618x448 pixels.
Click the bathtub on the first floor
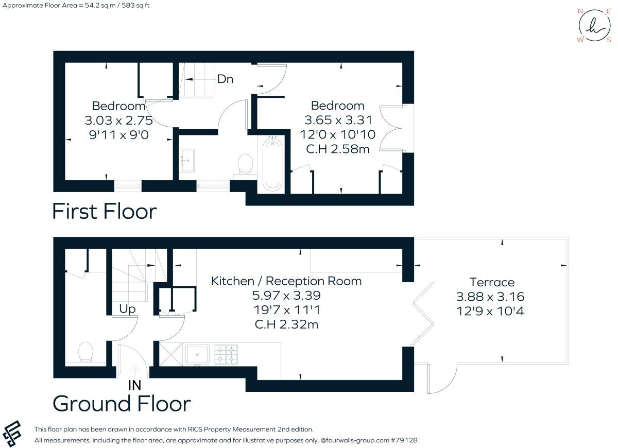(272, 164)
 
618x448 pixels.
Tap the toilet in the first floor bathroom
(245, 164)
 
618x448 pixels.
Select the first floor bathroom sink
(187, 161)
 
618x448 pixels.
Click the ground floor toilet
(86, 352)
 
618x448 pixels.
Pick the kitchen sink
(197, 354)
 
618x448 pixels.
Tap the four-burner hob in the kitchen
(226, 354)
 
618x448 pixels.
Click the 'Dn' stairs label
(225, 79)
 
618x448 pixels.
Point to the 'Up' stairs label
(127, 309)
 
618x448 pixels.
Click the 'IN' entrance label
(134, 385)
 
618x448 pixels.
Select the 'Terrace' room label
(492, 282)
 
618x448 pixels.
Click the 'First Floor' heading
(105, 212)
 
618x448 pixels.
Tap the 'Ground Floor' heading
(122, 404)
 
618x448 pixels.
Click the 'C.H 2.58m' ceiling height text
(338, 149)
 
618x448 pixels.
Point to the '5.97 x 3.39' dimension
(286, 296)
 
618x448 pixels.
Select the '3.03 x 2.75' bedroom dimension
(118, 120)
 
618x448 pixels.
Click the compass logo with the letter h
(594, 25)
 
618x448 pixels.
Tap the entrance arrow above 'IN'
(134, 371)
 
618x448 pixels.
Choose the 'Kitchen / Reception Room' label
(286, 281)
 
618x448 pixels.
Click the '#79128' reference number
(404, 440)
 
